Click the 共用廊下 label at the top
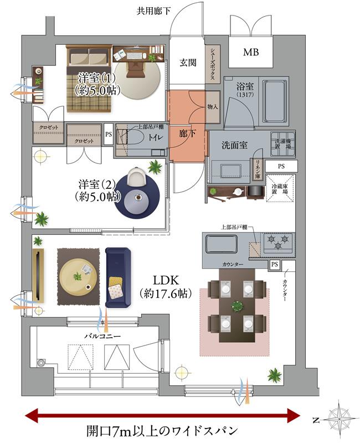(156, 11)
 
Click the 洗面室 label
(234, 146)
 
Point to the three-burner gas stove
(278, 241)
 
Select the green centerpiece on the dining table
(236, 305)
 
